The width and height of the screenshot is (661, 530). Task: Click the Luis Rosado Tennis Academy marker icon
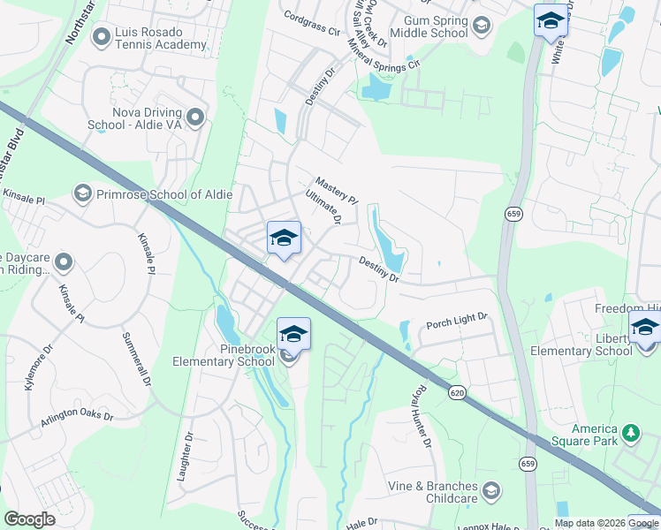click(x=101, y=36)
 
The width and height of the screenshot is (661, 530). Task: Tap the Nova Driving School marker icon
click(x=195, y=117)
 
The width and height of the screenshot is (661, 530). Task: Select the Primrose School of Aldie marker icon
click(x=82, y=193)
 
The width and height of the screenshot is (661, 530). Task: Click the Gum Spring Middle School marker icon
click(x=481, y=26)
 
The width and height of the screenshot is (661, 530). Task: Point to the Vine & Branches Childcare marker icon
click(x=491, y=488)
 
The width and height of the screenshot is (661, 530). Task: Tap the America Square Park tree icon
click(x=630, y=433)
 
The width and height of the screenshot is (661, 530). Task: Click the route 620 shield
click(x=456, y=391)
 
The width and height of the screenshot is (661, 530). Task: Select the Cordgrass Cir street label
click(x=312, y=22)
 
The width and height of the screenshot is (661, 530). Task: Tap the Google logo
click(x=29, y=519)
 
